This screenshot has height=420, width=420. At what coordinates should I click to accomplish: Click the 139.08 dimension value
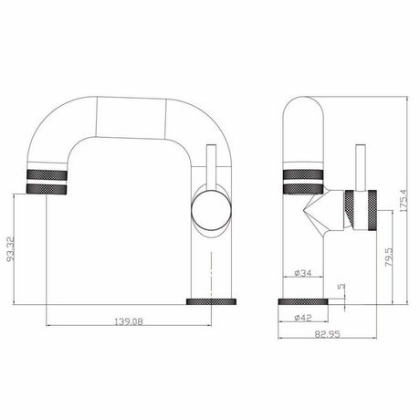[129, 321]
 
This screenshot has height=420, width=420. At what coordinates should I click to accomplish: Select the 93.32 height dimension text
[11, 248]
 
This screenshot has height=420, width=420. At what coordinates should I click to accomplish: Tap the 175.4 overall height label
[403, 201]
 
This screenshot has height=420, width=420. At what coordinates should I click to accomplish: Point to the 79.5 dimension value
[389, 257]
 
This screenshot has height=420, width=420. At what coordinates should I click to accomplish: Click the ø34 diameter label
[303, 273]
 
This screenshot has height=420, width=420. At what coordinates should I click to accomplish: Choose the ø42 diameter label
[303, 318]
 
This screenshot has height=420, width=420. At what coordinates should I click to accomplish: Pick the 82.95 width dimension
[327, 334]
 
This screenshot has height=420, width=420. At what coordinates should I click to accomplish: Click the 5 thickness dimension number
[341, 286]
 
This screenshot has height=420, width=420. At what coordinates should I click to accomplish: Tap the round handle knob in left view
[211, 209]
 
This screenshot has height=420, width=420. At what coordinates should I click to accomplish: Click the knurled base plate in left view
[211, 301]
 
